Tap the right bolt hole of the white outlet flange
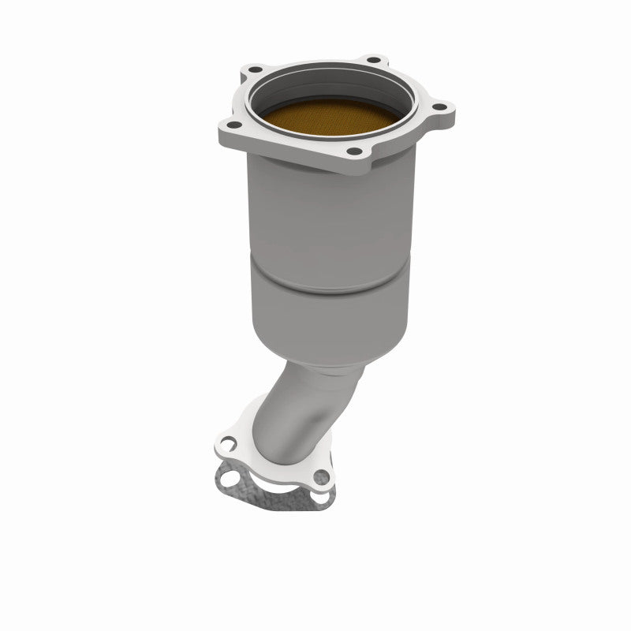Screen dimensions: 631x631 click(319, 476)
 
